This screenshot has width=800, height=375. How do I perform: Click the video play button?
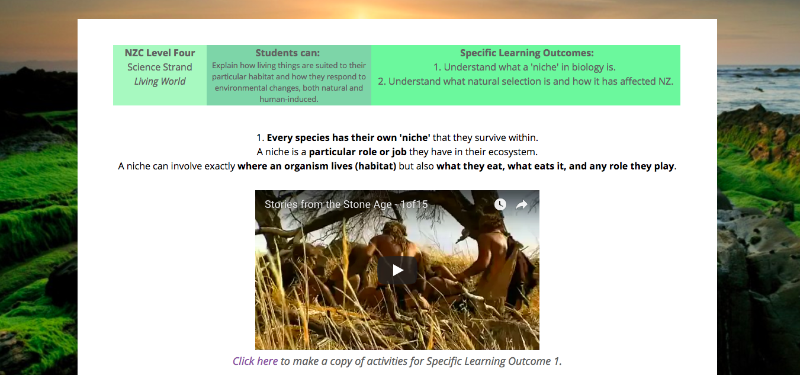tap(397, 270)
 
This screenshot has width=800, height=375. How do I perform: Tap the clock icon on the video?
tap(500, 204)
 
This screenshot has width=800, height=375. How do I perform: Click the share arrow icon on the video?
tap(522, 204)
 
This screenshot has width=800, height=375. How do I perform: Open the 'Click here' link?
tap(255, 361)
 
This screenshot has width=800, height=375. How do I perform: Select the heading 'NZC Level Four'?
tap(160, 53)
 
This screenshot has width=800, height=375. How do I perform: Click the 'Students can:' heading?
tap(288, 53)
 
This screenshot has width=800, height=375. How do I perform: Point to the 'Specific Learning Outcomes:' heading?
tap(527, 53)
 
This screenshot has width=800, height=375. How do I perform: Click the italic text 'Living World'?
tap(160, 81)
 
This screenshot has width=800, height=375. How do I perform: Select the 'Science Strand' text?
tap(160, 67)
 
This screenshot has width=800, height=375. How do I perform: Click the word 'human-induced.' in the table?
tap(288, 99)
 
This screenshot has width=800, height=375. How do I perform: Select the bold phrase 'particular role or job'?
tap(358, 152)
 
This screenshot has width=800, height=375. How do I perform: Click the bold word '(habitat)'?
tap(375, 166)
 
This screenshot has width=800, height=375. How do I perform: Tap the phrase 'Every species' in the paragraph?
tap(298, 137)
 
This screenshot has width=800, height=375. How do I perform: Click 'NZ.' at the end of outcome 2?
tap(666, 81)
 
